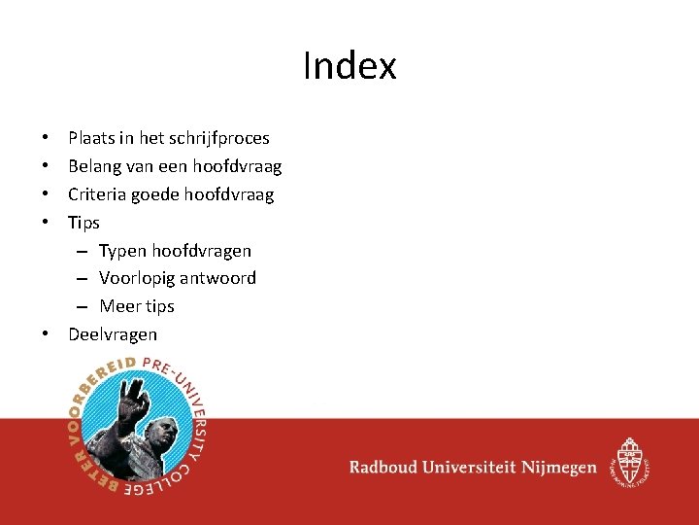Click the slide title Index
coord(349,66)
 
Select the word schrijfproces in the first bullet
coord(218,138)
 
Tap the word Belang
coord(92,166)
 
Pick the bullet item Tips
coord(83,223)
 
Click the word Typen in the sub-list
coord(122,251)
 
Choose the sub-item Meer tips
coord(137,306)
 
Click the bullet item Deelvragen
coord(113,334)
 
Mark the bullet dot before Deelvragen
coord(46,334)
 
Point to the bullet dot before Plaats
coord(46,138)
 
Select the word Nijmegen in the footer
coord(558,468)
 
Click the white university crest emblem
coord(628,460)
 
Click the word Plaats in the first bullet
coord(89,138)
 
